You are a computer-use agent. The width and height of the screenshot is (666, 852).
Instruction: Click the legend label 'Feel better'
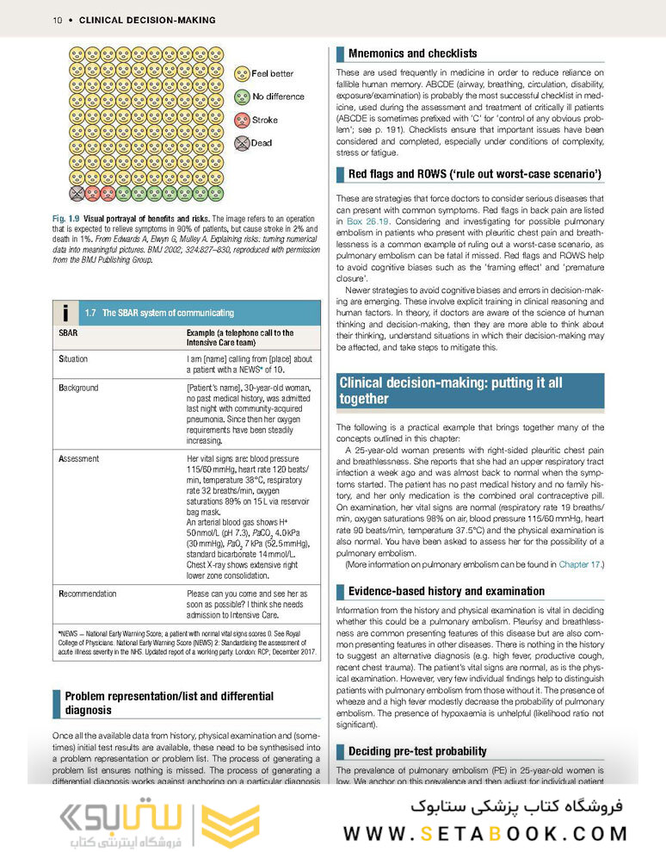272,74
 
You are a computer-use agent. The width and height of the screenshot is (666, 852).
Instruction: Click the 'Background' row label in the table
78,388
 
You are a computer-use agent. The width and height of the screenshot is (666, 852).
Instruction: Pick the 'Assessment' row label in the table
78,458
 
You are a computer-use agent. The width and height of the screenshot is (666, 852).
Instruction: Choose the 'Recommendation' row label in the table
87,594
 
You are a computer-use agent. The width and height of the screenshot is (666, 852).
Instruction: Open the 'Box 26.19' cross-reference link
371,221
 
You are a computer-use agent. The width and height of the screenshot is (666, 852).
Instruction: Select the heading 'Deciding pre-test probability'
417,751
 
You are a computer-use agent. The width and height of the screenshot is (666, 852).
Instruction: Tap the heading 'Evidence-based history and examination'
446,591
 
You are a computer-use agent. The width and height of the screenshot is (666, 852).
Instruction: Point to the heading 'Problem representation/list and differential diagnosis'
170,703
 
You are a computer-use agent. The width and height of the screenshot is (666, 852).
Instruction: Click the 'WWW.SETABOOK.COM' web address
485,833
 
